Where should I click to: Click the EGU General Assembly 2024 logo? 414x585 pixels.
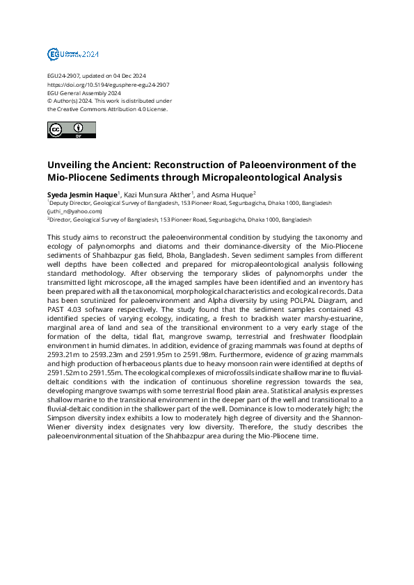(73, 54)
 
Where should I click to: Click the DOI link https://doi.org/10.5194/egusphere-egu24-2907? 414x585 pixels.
(108, 84)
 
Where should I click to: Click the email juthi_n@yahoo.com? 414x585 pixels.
(75, 211)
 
